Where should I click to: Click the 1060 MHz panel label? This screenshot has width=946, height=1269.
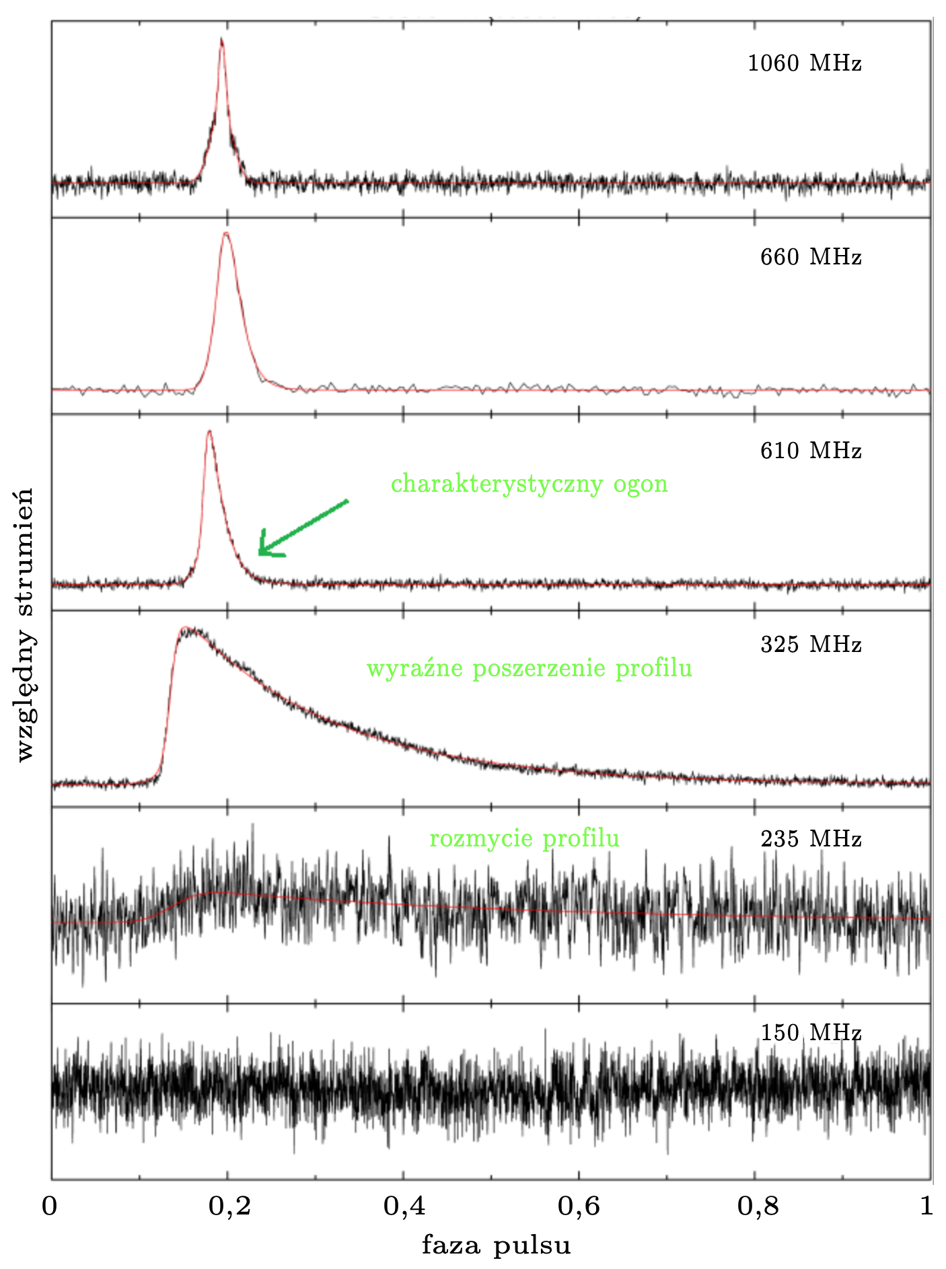pos(804,64)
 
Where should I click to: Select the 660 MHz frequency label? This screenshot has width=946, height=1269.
pos(810,257)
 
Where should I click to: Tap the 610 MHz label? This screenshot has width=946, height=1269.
pos(810,450)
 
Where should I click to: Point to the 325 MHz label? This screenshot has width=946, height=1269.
pos(810,645)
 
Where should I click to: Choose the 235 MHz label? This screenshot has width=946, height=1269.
pos(810,839)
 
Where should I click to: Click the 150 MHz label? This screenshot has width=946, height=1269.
pos(810,1032)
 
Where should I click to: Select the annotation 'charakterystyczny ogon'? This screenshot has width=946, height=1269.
pos(529,484)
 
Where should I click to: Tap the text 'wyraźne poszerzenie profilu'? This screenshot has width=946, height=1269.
pos(529,668)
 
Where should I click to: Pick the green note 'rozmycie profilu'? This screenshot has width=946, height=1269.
pos(524,838)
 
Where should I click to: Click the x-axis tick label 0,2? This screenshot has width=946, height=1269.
pos(229,1206)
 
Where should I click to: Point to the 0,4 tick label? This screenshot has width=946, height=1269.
pos(404,1206)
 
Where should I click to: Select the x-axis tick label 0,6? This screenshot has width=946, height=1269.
pos(579,1206)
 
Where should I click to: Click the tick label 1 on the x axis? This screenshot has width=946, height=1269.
pos(927,1206)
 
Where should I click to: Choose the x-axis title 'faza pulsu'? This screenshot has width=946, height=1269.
pos(496,1244)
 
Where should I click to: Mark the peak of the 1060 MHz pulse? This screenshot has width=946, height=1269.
pos(221,40)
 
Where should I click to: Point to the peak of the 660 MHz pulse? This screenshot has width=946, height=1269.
pos(226,233)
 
